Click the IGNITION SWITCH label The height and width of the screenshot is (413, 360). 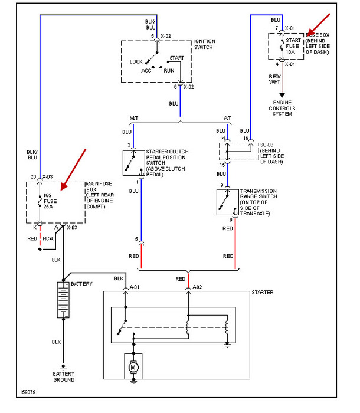tap(205, 45)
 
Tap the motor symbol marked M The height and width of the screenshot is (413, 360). tap(133, 367)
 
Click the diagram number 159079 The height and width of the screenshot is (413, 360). tap(27, 391)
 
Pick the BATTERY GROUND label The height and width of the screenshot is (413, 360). tap(63, 377)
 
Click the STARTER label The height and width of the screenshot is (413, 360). tap(262, 293)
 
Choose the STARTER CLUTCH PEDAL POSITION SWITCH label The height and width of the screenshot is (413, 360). tap(168, 163)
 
